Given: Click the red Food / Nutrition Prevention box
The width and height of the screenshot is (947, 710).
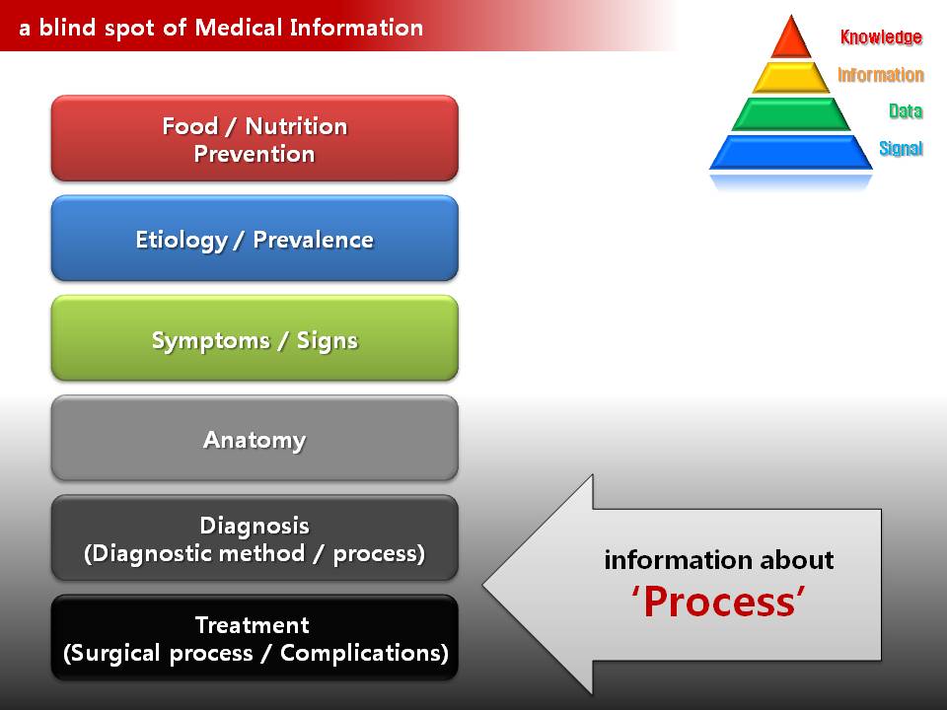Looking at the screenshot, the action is pyautogui.click(x=255, y=138).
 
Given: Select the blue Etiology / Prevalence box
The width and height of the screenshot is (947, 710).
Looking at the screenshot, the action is pyautogui.click(x=255, y=238).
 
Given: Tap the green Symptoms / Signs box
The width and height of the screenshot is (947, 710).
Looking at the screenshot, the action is pyautogui.click(x=255, y=338).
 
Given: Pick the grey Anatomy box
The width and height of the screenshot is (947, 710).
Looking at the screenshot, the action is pyautogui.click(x=255, y=438).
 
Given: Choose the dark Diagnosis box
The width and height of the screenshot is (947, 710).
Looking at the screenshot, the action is pyautogui.click(x=255, y=538).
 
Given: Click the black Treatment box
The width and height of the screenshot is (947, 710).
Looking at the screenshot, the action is pyautogui.click(x=255, y=638).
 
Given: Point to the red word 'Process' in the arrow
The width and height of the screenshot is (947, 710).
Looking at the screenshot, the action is pyautogui.click(x=719, y=602).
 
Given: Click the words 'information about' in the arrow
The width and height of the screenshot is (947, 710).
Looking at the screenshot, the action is pyautogui.click(x=719, y=560).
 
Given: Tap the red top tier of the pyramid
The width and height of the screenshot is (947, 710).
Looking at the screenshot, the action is pyautogui.click(x=791, y=36).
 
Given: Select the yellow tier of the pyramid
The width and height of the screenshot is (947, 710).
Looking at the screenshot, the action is pyautogui.click(x=791, y=77).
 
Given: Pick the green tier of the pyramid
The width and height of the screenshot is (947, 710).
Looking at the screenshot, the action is pyautogui.click(x=791, y=114).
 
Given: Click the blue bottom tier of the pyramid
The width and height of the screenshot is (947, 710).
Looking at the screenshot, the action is pyautogui.click(x=791, y=152).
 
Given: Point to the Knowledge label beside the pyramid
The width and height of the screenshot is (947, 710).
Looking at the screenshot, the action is pyautogui.click(x=881, y=37).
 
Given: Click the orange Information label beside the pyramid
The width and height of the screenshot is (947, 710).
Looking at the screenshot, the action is pyautogui.click(x=881, y=75).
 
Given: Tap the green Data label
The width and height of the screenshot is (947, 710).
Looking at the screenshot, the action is pyautogui.click(x=906, y=111).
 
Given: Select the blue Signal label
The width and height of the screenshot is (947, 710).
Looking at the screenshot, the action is pyautogui.click(x=901, y=149).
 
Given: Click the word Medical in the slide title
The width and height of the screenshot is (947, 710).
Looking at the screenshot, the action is pyautogui.click(x=239, y=28).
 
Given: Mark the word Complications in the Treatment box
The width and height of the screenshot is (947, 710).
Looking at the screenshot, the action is pyautogui.click(x=364, y=653).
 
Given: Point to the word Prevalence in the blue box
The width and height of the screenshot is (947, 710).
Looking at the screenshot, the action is pyautogui.click(x=313, y=240).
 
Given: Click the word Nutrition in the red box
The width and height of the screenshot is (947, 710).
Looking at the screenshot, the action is pyautogui.click(x=297, y=126).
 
